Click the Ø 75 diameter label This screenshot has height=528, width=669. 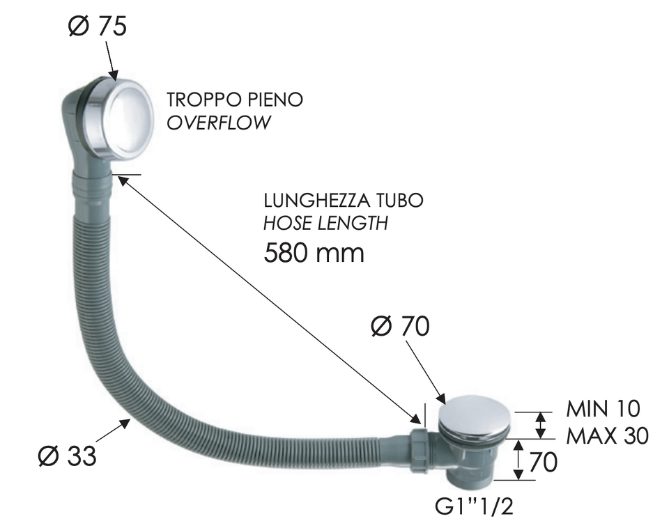click(x=98, y=26)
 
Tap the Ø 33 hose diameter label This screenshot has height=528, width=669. click(x=67, y=456)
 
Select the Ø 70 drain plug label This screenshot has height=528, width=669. click(x=400, y=326)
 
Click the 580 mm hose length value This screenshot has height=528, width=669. click(x=314, y=252)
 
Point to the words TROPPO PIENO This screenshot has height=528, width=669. click(x=235, y=100)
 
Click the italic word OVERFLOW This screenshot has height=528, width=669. click(x=218, y=123)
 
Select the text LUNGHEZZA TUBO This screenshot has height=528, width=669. click(x=344, y=201)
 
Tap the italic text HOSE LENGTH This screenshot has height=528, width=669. click(x=326, y=223)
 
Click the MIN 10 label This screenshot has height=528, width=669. click(x=603, y=409)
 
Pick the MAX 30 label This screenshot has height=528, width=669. click(x=607, y=436)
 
